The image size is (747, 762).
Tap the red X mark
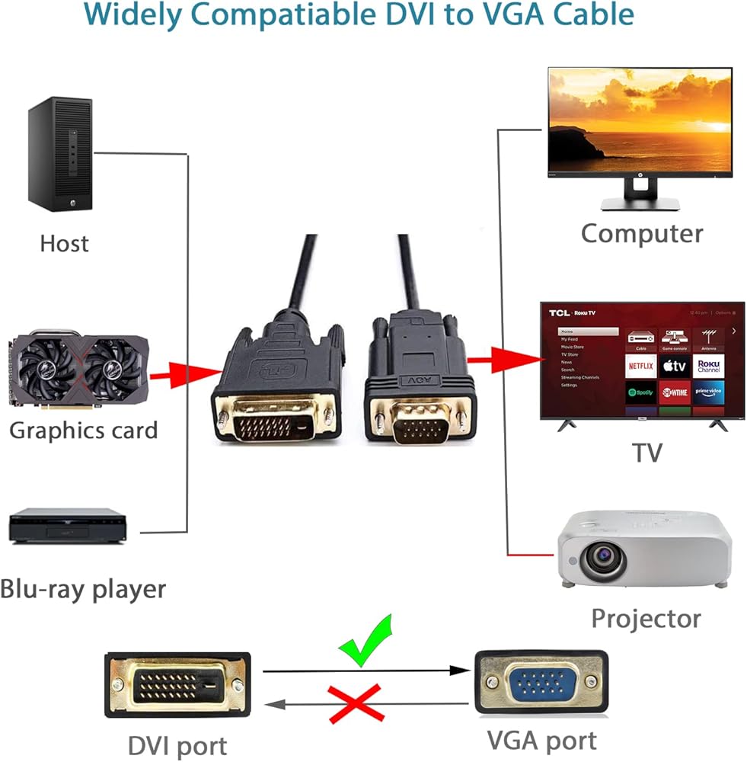pyautogui.click(x=356, y=703)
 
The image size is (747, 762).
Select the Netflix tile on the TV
pyautogui.click(x=641, y=366)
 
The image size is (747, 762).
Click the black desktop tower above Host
pyautogui.click(x=60, y=155)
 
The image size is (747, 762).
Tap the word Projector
pyautogui.click(x=646, y=618)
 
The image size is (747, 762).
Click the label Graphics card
pyautogui.click(x=83, y=430)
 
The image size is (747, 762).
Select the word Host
pyautogui.click(x=64, y=244)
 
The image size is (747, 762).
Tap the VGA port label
pyautogui.click(x=541, y=740)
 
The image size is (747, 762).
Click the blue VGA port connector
pyautogui.click(x=541, y=681)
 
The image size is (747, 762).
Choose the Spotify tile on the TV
pyautogui.click(x=641, y=393)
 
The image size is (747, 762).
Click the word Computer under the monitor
pyautogui.click(x=642, y=233)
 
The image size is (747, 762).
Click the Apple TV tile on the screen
pyautogui.click(x=675, y=366)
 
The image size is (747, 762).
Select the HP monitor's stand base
pyautogui.click(x=640, y=203)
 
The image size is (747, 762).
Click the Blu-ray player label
pyautogui.click(x=83, y=588)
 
